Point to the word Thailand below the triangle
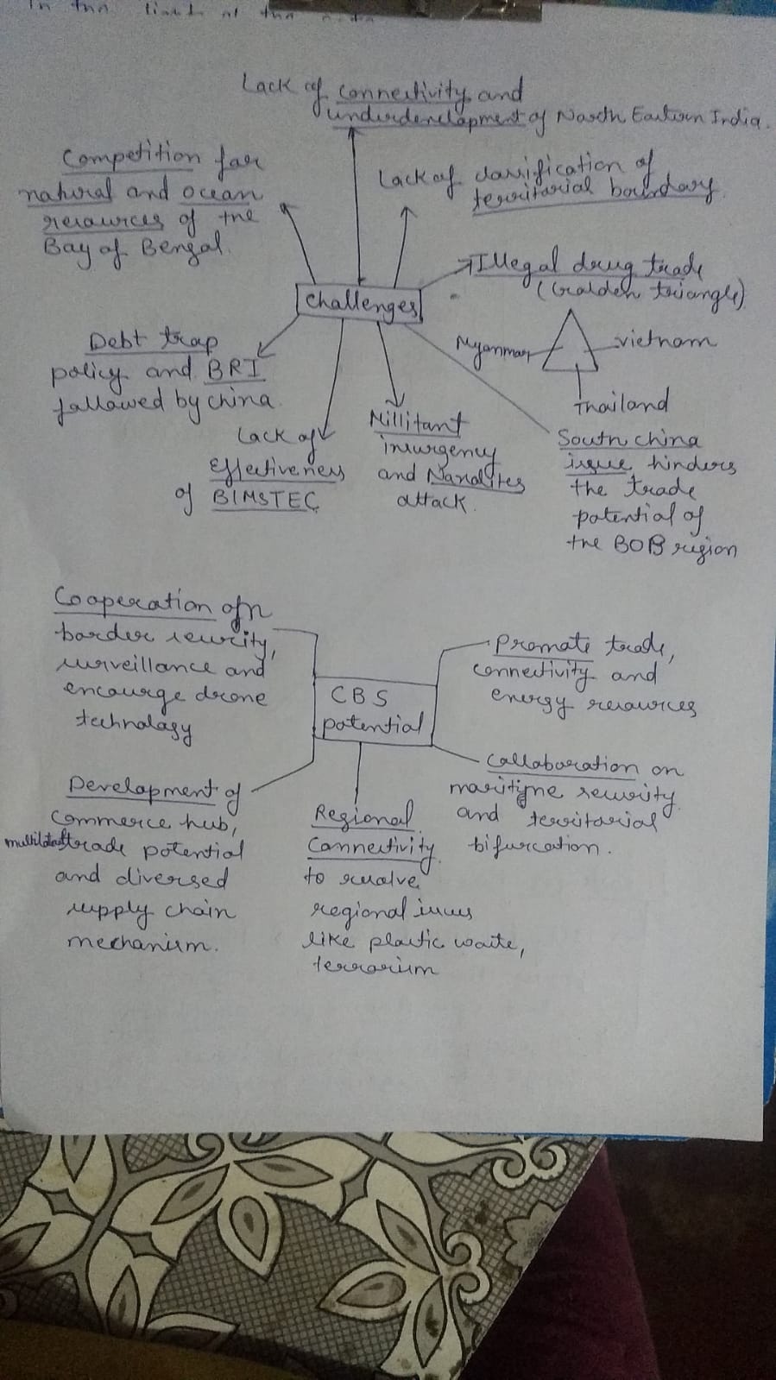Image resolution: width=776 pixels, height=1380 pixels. tap(621, 404)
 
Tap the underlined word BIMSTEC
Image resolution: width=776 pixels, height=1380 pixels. tap(265, 500)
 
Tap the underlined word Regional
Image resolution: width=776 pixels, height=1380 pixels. tap(363, 816)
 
